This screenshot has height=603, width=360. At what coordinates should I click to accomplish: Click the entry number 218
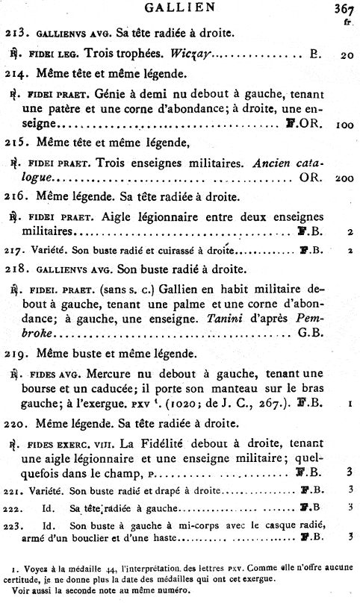(x=16, y=269)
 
